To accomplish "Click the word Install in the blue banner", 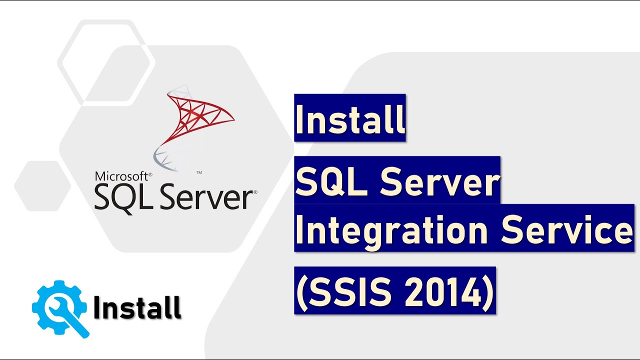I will [x=349, y=118].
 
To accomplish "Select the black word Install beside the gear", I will [x=137, y=307].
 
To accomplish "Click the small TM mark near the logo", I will [x=199, y=172].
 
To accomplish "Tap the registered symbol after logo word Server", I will [x=255, y=192].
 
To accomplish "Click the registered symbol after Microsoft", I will [x=150, y=173].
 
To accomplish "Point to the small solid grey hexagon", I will [x=42, y=186].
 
